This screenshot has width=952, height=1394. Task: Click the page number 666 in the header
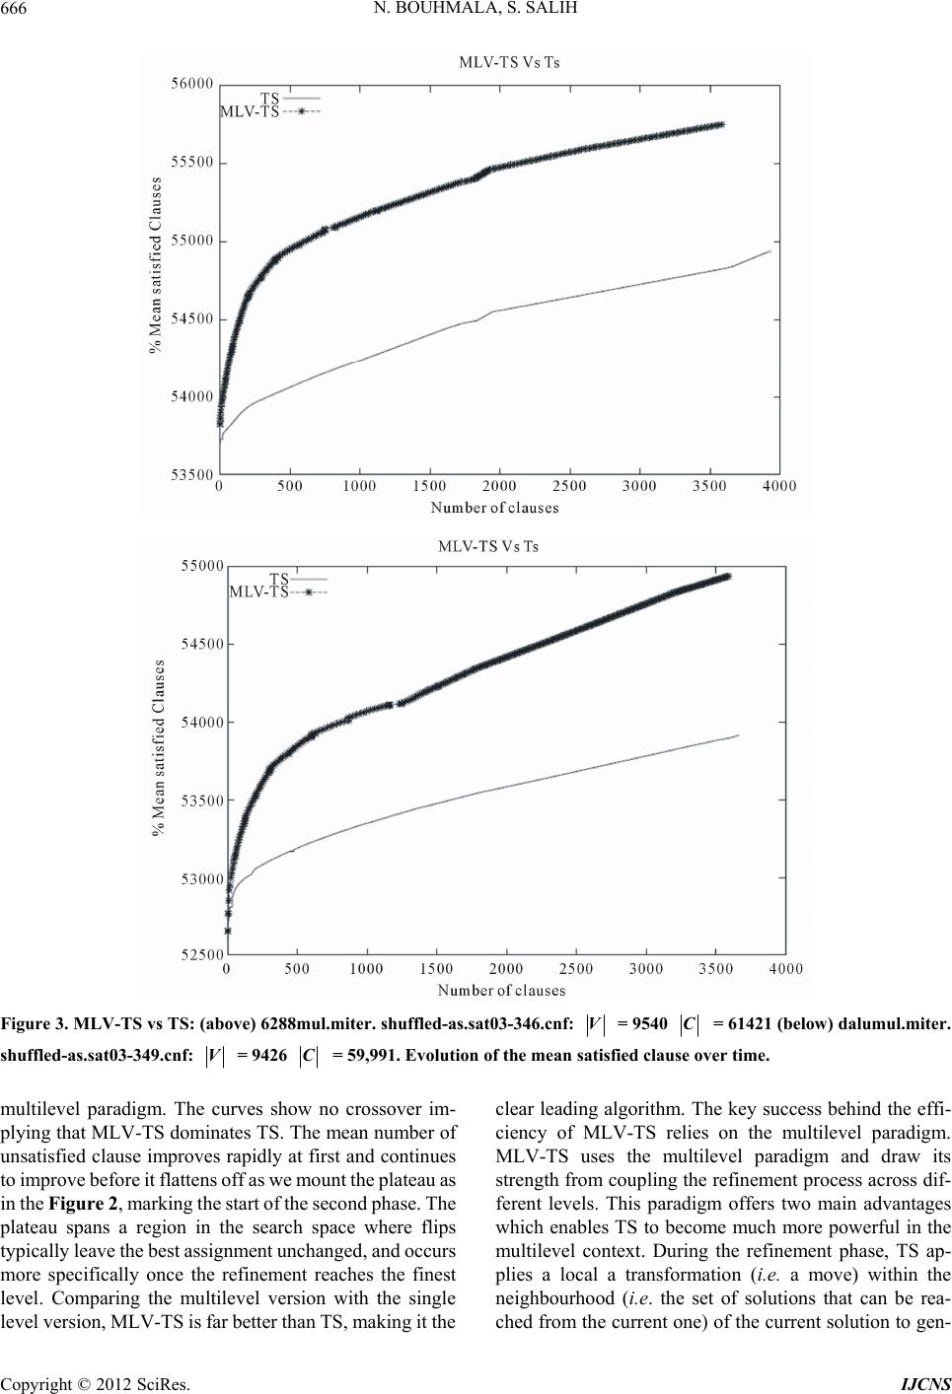point(14,9)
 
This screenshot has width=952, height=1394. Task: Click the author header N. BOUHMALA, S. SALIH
point(476,9)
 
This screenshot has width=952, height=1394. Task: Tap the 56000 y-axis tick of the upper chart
point(192,84)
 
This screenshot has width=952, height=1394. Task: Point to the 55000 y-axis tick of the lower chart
point(201,566)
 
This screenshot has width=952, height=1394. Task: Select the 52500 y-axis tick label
point(201,955)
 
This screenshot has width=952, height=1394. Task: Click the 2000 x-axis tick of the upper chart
point(499,486)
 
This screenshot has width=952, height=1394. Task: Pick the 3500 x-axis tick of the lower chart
point(716,969)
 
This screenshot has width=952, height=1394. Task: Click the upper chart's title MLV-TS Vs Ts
point(509,62)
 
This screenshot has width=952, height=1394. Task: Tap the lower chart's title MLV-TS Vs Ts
point(488,546)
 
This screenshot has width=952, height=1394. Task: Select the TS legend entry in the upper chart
point(290,99)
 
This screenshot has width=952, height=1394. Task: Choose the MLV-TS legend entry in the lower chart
point(278,592)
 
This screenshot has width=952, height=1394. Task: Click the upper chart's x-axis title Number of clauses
point(495,508)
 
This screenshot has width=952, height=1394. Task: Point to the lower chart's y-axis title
point(160,747)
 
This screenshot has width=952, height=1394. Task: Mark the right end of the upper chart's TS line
point(770,251)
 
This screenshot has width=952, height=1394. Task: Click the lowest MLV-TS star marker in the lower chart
point(227,931)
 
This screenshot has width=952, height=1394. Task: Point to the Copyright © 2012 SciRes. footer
point(96,1385)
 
